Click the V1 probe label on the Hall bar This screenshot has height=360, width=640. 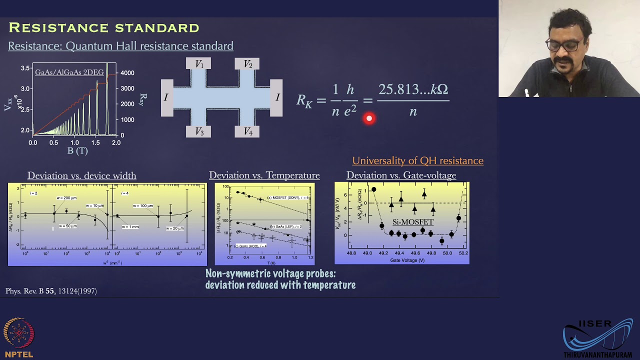click(199, 64)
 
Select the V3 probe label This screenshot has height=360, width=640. click(199, 131)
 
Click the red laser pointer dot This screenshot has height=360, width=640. click(369, 118)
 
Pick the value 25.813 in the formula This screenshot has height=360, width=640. click(398, 89)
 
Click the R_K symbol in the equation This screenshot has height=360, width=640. click(304, 100)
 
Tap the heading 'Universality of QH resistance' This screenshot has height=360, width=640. click(417, 160)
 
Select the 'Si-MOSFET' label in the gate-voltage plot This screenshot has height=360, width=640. click(412, 222)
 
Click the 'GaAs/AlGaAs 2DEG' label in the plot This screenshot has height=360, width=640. click(69, 72)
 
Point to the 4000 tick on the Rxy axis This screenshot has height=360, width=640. click(127, 73)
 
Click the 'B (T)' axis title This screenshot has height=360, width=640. click(77, 150)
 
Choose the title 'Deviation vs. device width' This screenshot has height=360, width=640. click(81, 175)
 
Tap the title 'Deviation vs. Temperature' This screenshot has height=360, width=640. click(264, 175)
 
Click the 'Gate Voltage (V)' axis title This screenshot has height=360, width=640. click(407, 260)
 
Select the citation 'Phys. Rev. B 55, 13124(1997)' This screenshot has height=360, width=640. click(51, 291)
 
